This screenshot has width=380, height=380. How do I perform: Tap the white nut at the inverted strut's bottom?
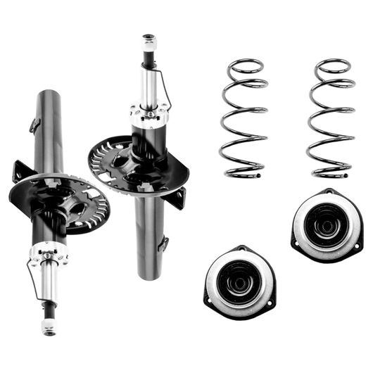(x=49, y=326)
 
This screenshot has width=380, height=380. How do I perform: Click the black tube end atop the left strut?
(x=45, y=96)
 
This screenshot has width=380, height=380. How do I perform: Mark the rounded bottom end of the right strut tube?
(x=149, y=274)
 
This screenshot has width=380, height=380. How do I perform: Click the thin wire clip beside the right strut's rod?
(x=166, y=88)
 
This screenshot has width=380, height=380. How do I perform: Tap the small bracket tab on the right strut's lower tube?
(x=164, y=243)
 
